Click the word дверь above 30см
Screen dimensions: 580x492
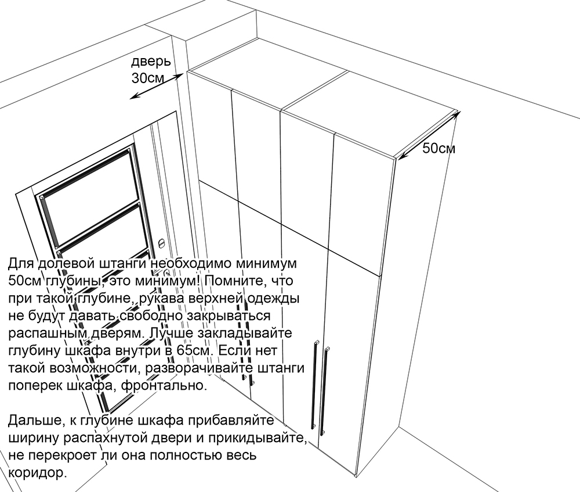coord(151,62)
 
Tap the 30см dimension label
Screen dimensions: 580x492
coord(147,78)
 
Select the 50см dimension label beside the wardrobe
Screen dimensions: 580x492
coord(438,148)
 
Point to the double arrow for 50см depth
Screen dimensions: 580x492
coord(429,135)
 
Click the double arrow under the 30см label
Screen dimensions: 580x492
coord(156,87)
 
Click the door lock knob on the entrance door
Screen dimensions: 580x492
coord(161,243)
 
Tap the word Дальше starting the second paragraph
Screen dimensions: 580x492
coord(32,421)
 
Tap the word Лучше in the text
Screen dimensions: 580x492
coord(167,333)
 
